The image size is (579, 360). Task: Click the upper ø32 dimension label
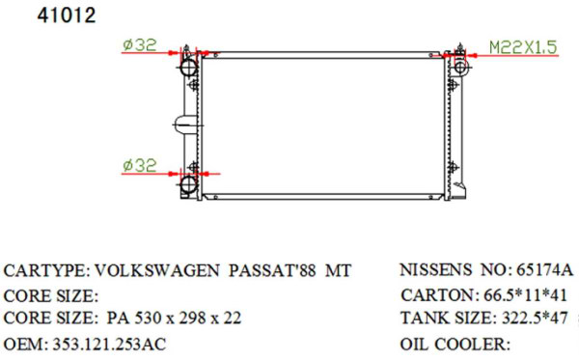(x=140, y=43)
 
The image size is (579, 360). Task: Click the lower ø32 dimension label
(x=140, y=165)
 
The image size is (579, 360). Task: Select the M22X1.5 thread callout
(x=522, y=45)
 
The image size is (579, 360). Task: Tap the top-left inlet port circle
(x=188, y=69)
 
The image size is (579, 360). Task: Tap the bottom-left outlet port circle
(x=188, y=184)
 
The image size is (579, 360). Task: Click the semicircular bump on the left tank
(x=177, y=125)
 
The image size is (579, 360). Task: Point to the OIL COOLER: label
(x=454, y=344)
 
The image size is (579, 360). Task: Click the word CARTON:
(x=434, y=294)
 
